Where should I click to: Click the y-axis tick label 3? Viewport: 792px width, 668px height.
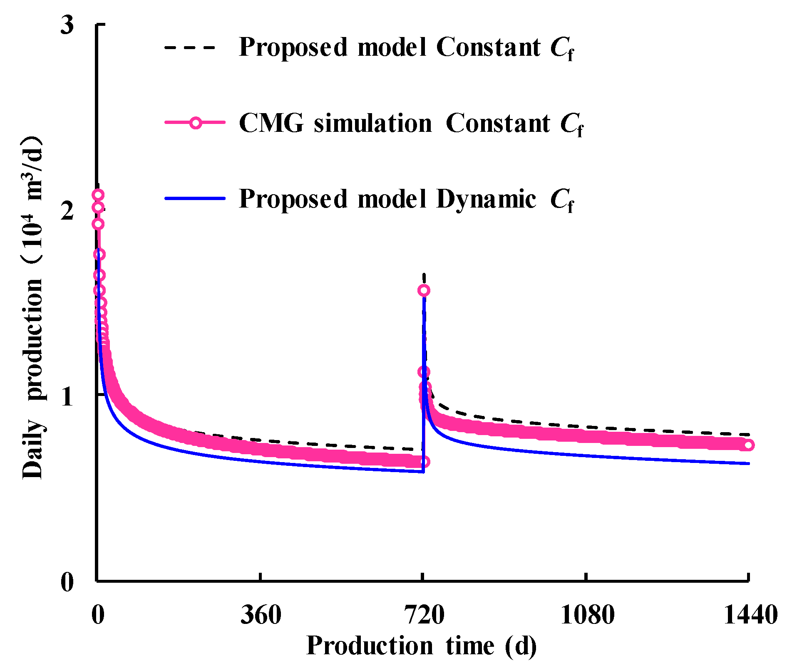click(x=67, y=25)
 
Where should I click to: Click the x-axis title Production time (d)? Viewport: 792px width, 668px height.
click(x=421, y=646)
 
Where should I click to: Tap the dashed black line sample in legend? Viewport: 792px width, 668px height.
click(x=190, y=47)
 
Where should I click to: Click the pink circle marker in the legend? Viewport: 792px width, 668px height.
click(x=195, y=123)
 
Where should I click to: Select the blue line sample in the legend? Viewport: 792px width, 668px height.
click(x=195, y=198)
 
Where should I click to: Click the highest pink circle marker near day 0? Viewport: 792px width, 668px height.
click(x=98, y=195)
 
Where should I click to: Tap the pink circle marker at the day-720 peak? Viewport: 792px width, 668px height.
click(x=424, y=290)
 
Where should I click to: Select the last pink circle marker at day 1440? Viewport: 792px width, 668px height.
click(x=748, y=445)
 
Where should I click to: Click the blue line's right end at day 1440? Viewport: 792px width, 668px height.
click(x=748, y=463)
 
